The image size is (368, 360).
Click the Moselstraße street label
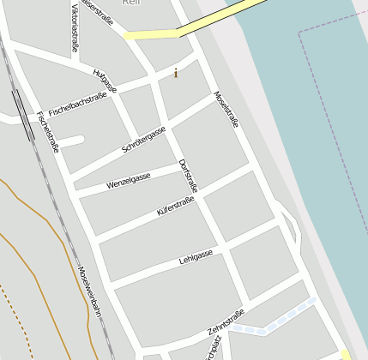[x=226, y=110]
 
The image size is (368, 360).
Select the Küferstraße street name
[x=176, y=206]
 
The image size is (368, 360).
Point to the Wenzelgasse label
[x=129, y=181]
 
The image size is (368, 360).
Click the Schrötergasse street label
[x=143, y=139]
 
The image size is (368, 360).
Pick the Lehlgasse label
[x=196, y=256]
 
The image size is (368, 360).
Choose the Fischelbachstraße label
[x=78, y=104]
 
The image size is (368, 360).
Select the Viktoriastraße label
[x=75, y=27]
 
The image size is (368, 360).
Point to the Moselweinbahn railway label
[x=89, y=291]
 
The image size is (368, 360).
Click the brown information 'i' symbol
[x=176, y=73]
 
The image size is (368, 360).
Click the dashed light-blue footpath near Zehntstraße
[x=279, y=322]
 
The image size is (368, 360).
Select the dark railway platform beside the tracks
[x=19, y=104]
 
